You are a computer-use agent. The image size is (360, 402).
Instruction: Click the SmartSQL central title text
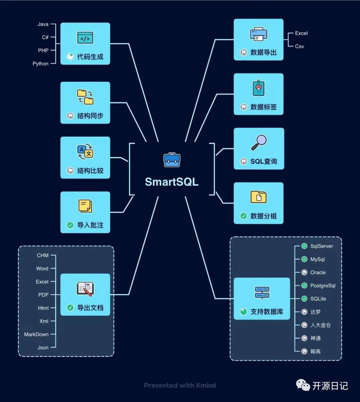[172, 182]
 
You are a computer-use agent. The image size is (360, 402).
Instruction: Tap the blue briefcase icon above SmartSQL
[172, 160]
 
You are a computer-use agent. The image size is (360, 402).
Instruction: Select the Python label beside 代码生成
[40, 64]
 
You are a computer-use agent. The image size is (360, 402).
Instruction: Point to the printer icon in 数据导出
[258, 34]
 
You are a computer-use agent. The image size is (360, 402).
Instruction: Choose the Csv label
[299, 46]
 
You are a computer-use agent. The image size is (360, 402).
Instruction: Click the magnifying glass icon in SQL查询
[259, 143]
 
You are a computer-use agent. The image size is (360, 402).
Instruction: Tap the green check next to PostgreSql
[304, 286]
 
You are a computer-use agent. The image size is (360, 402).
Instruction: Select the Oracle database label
[318, 272]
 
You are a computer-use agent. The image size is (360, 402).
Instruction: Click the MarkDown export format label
[36, 334]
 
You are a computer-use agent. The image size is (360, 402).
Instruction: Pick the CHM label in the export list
[43, 255]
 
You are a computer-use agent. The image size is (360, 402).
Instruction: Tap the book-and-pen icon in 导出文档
[85, 289]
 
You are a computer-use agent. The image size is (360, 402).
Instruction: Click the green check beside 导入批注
[70, 225]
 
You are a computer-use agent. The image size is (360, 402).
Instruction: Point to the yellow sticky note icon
[85, 206]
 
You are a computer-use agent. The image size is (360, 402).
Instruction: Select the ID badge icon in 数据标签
[258, 88]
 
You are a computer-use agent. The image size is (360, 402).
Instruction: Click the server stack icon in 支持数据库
[262, 293]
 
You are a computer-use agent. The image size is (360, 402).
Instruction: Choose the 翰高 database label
[315, 351]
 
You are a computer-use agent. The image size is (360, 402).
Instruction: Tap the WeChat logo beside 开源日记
[303, 385]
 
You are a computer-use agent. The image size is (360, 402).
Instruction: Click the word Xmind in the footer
[206, 385]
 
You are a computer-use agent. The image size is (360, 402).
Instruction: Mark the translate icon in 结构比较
[85, 152]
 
